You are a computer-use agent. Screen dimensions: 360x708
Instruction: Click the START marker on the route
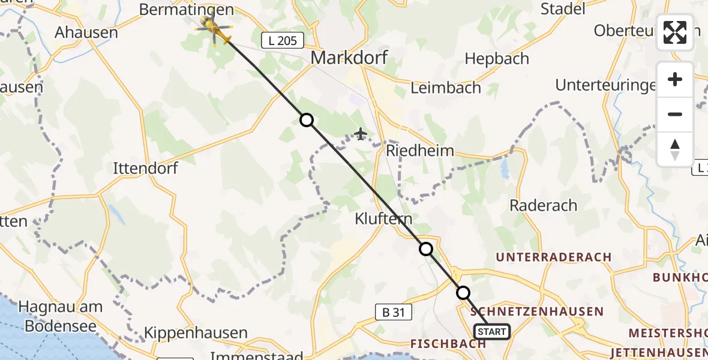[492, 331]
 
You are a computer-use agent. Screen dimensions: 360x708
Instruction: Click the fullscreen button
[675, 32]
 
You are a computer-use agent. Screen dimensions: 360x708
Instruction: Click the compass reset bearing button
[675, 149]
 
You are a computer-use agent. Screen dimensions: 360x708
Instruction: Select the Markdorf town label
[349, 58]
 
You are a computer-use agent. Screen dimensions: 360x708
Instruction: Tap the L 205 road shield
[283, 41]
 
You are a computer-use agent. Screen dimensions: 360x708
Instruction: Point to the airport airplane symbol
[361, 133]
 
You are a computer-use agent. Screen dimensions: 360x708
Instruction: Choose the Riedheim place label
[420, 150]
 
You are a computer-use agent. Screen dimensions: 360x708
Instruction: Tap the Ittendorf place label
[145, 169]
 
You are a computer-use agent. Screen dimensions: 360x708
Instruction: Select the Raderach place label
[543, 205]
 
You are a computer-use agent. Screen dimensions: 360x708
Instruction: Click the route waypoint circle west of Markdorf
[307, 120]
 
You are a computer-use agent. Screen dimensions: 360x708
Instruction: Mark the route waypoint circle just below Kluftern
[425, 248]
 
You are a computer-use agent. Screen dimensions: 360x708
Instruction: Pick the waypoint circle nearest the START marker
[463, 293]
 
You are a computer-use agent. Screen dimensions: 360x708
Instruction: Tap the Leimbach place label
[446, 88]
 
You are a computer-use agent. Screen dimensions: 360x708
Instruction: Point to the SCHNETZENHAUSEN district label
[537, 311]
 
